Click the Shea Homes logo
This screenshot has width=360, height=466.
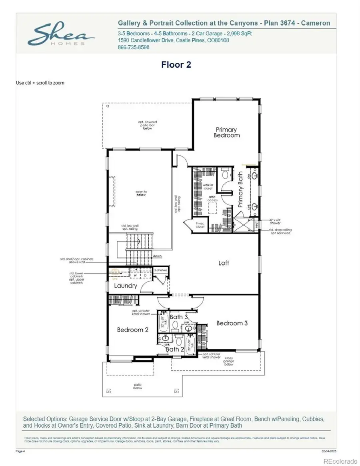point(60,34)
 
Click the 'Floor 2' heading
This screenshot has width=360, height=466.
point(176,64)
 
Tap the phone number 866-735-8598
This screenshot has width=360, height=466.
point(133,47)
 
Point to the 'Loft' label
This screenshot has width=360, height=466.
point(224,263)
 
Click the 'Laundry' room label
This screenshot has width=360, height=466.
point(126,286)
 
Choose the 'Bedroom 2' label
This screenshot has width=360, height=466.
point(133,330)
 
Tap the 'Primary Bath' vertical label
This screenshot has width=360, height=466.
point(240,189)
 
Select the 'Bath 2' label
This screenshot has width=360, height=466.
point(172,349)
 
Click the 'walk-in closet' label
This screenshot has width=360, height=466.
point(208,186)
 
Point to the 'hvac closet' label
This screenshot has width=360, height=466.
point(200,225)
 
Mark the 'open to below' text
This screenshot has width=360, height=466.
point(141,194)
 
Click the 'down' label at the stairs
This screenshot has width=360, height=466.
point(157,256)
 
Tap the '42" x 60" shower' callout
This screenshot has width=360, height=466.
point(276,222)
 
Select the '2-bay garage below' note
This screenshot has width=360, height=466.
point(229,361)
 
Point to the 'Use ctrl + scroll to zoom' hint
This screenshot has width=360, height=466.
point(40,83)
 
